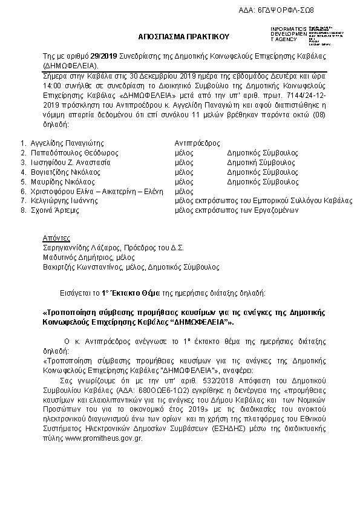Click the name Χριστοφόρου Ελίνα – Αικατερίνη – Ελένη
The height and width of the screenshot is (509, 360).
pos(97,190)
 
